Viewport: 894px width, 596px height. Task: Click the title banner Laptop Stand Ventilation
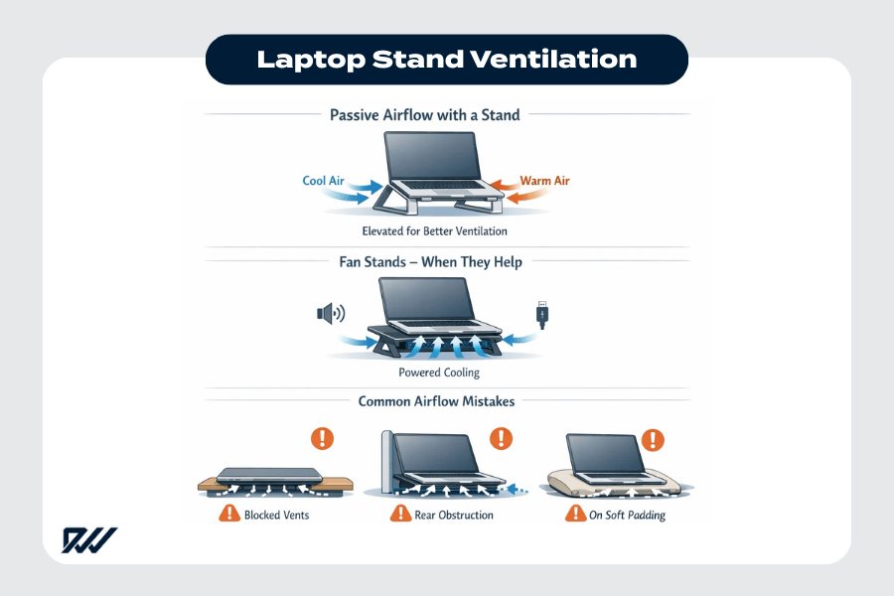446,59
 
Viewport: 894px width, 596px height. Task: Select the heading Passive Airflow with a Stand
424,115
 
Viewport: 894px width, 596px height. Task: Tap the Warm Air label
544,181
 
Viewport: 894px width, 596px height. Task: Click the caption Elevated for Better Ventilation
435,231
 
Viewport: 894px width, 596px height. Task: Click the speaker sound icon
330,314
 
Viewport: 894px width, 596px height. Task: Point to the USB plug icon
542,315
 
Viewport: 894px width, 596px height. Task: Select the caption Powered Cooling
438,372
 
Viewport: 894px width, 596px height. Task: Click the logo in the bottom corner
89,540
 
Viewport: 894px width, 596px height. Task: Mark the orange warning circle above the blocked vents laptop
324,438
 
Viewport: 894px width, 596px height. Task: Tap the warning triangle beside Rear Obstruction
400,515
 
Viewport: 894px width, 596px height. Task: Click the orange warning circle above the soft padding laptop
653,438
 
